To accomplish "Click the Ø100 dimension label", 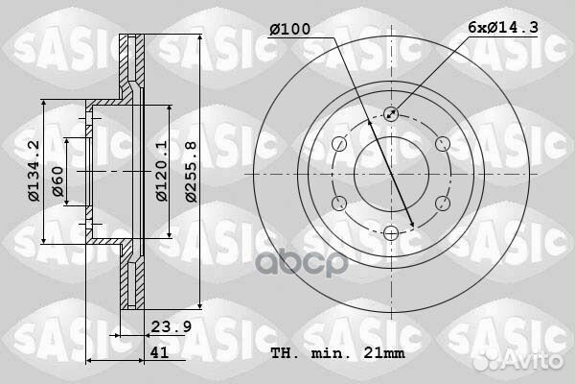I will click(289, 30).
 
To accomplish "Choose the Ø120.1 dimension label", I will click(162, 172).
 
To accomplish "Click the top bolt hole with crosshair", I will click(390, 114).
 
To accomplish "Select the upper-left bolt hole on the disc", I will click(338, 144).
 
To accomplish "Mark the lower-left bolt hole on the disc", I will click(338, 203).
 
